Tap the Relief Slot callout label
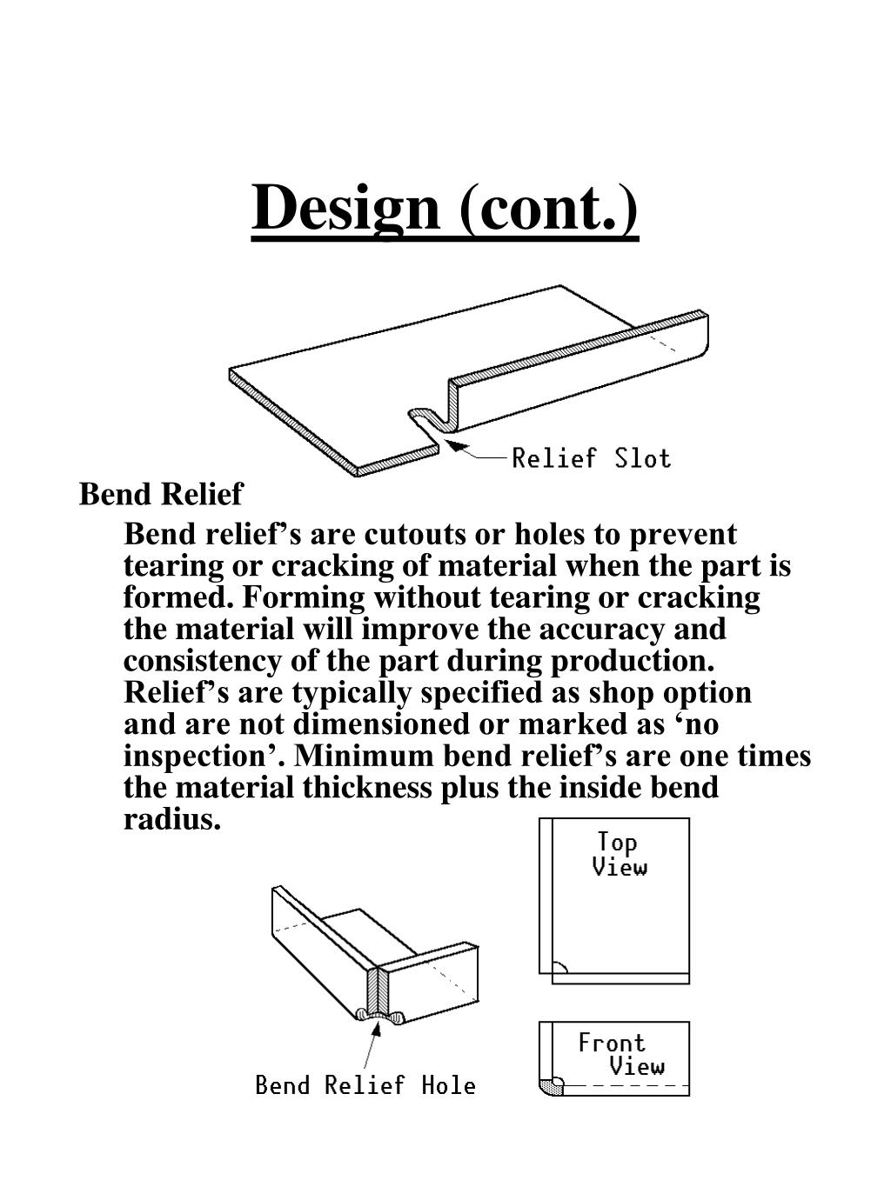(x=591, y=457)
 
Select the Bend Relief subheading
(x=161, y=494)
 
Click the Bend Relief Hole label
(x=365, y=1084)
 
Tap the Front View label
(x=620, y=1054)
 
